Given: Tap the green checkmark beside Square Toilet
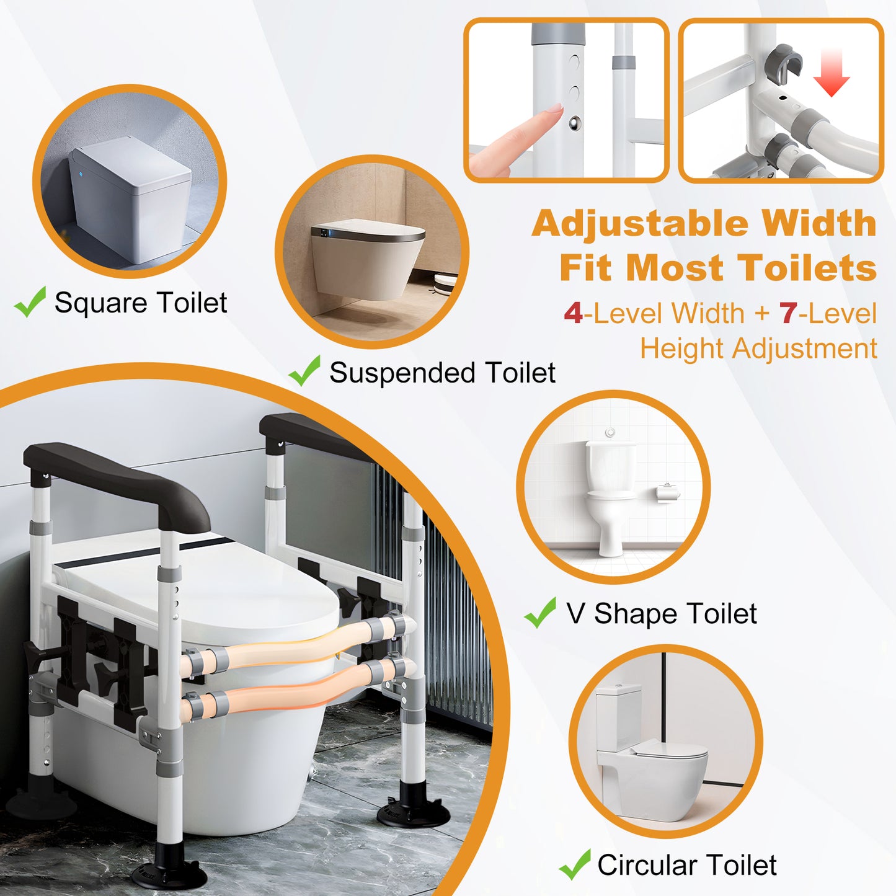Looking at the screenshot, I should coord(30,302).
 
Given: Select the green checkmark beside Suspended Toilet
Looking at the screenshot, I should coord(304,371).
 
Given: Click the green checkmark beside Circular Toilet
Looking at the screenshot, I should coord(574,864).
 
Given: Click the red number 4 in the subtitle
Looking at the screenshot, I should coord(573,314).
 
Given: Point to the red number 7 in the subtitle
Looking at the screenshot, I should coord(788,314).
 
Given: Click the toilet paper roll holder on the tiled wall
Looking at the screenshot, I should coord(668,493).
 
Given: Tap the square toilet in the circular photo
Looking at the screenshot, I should coord(130,198).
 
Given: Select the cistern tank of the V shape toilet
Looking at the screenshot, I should coord(611,466).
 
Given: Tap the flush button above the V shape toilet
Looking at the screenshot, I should coord(611,432).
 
